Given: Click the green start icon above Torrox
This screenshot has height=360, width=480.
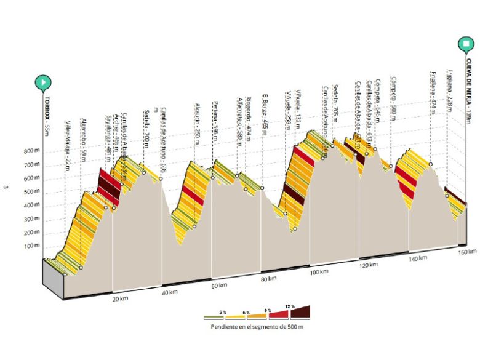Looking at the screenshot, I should (x=44, y=81).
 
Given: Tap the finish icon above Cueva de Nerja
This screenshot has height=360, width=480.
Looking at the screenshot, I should (x=466, y=44).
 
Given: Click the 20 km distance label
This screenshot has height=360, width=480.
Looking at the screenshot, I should (x=121, y=299).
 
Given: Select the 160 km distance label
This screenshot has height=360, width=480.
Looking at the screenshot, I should (x=468, y=251).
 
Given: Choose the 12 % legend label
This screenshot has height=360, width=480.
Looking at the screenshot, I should (x=289, y=306).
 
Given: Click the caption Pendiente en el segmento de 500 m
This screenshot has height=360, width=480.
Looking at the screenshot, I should (x=257, y=327).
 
